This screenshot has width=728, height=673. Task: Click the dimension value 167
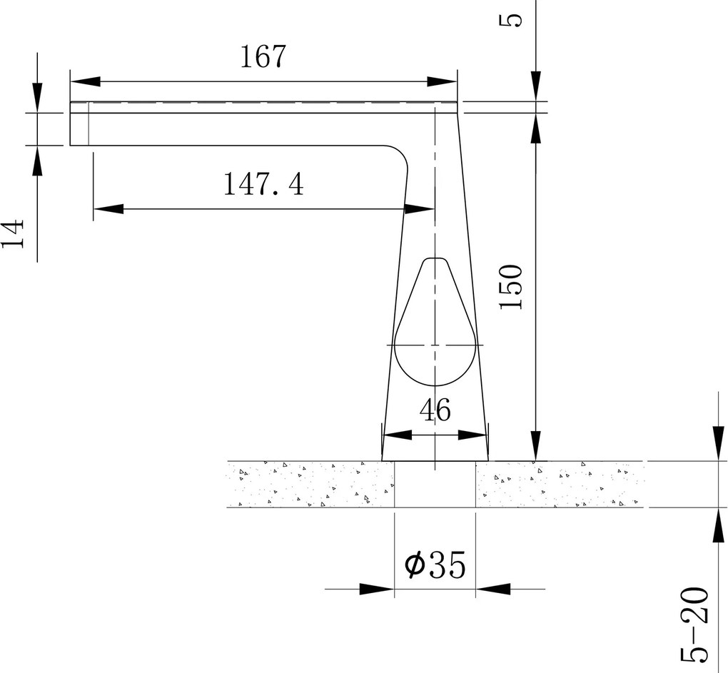(x=262, y=57)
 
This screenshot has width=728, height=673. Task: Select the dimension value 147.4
(x=263, y=184)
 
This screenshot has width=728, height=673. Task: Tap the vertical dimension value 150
(x=511, y=287)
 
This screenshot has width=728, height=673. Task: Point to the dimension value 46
(x=435, y=410)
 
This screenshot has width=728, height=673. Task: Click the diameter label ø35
(x=435, y=566)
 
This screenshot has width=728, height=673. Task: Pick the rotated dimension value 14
(x=14, y=233)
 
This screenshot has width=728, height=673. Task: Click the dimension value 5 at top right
(x=512, y=15)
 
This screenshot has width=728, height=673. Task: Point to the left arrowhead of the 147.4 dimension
(x=107, y=209)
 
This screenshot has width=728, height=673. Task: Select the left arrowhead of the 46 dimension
(x=397, y=435)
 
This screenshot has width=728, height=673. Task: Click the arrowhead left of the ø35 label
(x=377, y=589)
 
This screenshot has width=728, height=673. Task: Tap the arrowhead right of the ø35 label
(x=494, y=589)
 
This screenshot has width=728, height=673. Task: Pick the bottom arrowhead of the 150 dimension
(x=535, y=445)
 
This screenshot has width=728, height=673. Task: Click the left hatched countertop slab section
(x=310, y=485)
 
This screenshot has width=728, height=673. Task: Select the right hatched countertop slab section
(x=560, y=485)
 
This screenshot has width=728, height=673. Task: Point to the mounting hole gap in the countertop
(x=435, y=485)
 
